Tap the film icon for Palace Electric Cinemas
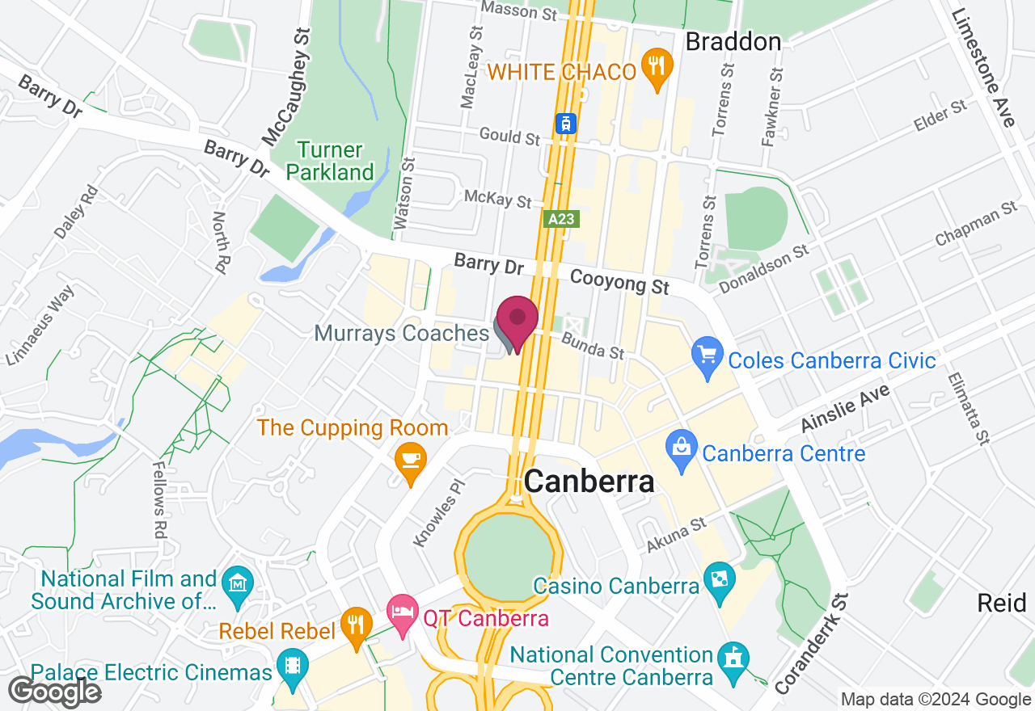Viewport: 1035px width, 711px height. pos(291,667)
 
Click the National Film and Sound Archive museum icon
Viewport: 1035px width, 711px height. pos(238,584)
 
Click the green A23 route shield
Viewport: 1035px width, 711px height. pos(561,219)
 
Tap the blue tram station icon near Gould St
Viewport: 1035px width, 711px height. pos(565,124)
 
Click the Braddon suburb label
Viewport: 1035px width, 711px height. pos(733,42)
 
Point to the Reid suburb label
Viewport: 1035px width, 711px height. pos(1001,603)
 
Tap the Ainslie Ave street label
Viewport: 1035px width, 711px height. pos(845,408)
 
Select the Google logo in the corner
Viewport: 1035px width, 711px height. pos(54,692)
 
